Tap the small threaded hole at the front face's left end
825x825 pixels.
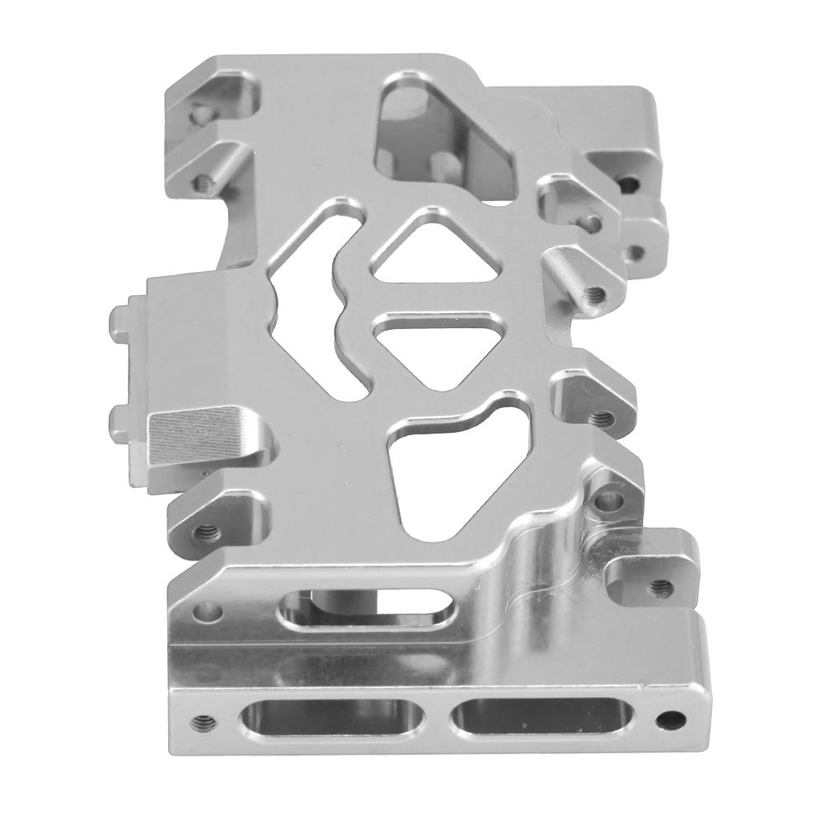(x=198, y=722)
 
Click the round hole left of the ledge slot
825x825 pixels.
(x=211, y=611)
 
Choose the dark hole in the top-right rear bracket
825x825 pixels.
(x=630, y=180)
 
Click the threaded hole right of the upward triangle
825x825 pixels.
(x=594, y=293)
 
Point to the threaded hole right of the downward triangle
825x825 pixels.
(x=599, y=417)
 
